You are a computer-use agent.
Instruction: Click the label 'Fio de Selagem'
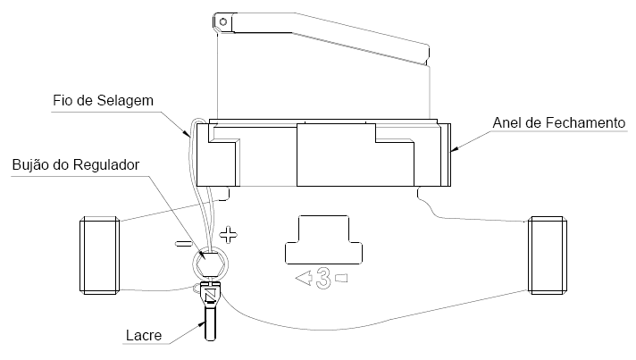point(103,101)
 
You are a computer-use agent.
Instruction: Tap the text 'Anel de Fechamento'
point(559,122)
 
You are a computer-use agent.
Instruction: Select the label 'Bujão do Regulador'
point(76,164)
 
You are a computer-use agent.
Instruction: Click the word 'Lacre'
point(144,335)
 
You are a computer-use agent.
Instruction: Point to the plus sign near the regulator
point(228,234)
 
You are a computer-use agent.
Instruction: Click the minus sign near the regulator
point(183,244)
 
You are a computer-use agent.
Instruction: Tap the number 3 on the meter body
point(323,279)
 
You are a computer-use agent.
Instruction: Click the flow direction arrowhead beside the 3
point(304,278)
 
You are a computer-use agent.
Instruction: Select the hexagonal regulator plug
point(210,264)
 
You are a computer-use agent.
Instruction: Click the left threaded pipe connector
point(99,255)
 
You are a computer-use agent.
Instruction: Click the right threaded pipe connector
point(548,255)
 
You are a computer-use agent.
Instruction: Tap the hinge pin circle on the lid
point(222,21)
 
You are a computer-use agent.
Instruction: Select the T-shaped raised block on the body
point(323,240)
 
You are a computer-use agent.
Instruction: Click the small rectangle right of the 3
point(341,278)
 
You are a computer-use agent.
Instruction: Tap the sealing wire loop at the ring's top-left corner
point(197,121)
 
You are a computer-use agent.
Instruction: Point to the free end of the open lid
point(428,54)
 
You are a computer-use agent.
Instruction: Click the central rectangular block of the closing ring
point(336,155)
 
